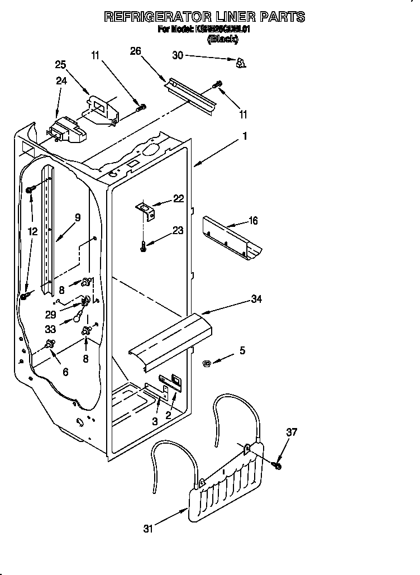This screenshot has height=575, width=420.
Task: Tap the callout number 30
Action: (x=178, y=55)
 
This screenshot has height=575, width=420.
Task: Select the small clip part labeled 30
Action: (x=241, y=63)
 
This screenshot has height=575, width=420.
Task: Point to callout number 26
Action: (x=135, y=51)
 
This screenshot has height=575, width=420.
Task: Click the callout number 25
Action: (x=60, y=65)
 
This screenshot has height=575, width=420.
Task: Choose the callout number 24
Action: (x=61, y=80)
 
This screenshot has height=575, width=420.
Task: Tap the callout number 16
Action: (x=253, y=221)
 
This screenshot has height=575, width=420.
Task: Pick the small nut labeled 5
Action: (x=206, y=364)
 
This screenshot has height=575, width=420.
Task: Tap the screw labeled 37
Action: (x=277, y=464)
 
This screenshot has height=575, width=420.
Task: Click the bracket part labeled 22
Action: (x=147, y=211)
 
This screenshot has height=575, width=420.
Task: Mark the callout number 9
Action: (x=78, y=217)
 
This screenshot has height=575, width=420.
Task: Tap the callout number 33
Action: (x=66, y=329)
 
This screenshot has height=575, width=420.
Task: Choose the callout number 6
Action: (x=65, y=372)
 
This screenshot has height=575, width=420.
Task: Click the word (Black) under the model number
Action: (x=223, y=39)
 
